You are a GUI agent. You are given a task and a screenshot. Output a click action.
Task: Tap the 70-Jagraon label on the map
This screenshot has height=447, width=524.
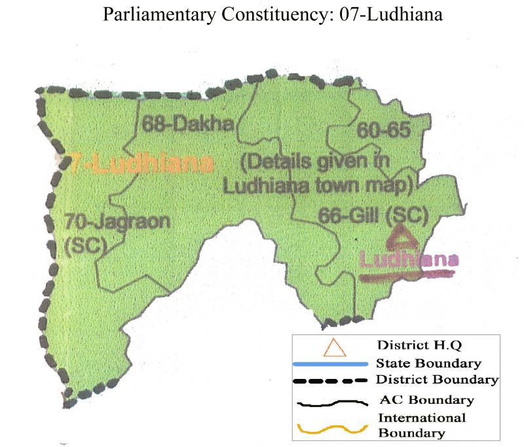[117, 222]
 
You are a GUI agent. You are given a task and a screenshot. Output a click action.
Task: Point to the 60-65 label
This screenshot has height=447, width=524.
[383, 131]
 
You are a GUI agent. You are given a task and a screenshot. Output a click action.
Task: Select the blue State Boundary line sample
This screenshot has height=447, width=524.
[335, 363]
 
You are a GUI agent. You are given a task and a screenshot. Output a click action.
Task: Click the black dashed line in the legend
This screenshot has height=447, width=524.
[335, 380]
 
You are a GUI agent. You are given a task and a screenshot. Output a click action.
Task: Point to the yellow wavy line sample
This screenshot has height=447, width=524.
[335, 429]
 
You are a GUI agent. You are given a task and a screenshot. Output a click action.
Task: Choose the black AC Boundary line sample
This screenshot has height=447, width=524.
[335, 401]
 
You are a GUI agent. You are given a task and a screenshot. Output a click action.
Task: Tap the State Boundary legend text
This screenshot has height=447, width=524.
[429, 363]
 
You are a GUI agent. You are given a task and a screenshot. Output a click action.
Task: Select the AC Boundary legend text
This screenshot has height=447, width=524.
[426, 400]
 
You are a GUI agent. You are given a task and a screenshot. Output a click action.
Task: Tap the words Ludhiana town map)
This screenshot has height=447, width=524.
[316, 185]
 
